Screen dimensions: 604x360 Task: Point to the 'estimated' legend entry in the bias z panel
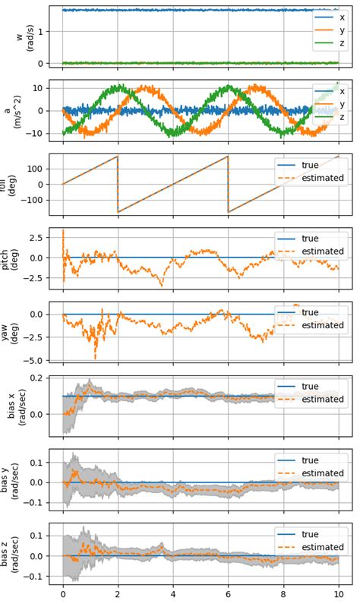(321, 546)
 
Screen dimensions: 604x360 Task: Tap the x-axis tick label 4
(173, 596)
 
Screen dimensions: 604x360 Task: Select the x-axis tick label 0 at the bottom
(63, 596)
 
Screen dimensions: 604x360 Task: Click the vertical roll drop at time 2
(118, 184)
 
